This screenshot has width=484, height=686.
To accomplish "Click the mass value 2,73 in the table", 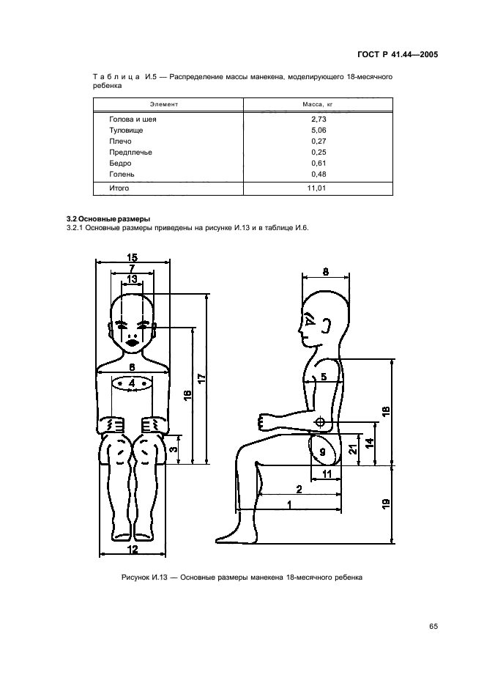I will (318, 118).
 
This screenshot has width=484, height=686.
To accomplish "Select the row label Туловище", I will (126, 130).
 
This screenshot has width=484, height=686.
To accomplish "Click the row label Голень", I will (122, 174).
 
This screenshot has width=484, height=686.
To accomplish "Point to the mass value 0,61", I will (318, 163).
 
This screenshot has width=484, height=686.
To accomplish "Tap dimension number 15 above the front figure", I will (132, 257).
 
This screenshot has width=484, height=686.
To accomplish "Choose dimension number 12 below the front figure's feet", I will (133, 548).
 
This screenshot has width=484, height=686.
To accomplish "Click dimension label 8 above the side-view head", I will (325, 271).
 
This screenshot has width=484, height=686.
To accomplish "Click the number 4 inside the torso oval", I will (132, 383).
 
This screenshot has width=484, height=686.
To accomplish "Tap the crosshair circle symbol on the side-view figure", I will (319, 424).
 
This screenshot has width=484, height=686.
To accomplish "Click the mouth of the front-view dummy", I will (133, 342).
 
